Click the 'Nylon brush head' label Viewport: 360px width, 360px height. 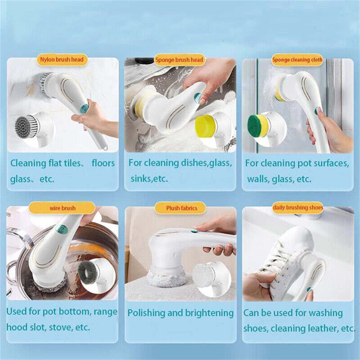[x=62, y=60]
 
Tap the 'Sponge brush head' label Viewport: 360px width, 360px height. [x=179, y=60]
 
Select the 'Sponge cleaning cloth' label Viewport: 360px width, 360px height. [x=297, y=60]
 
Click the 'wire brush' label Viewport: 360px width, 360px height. [x=62, y=208]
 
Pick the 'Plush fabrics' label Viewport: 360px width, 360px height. [x=181, y=208]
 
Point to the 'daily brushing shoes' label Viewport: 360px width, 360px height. [x=298, y=208]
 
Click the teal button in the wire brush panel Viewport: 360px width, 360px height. [x=62, y=229]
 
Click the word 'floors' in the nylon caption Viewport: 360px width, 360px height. [x=103, y=163]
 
